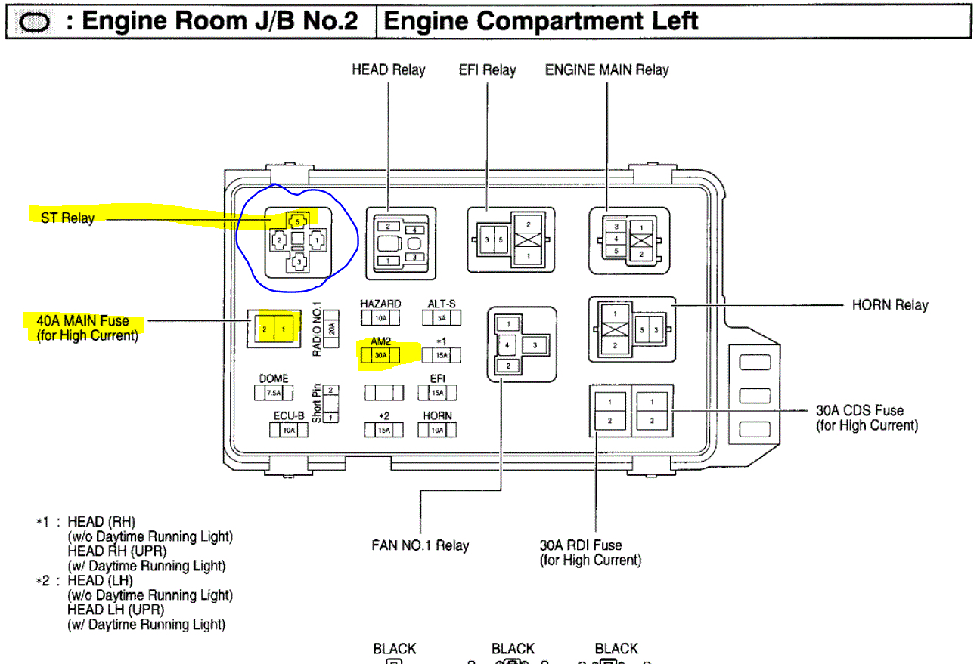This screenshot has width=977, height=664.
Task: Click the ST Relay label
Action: click(68, 218)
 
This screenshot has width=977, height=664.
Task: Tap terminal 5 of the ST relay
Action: click(298, 221)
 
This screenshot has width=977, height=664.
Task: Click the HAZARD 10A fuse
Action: click(380, 318)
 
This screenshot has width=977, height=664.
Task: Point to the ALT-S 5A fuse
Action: click(442, 318)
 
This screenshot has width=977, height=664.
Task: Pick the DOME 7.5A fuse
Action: click(273, 393)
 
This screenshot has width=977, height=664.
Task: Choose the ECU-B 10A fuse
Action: click(288, 430)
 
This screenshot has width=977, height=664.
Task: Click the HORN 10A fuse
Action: click(437, 430)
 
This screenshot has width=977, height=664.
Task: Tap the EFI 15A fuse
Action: click(437, 393)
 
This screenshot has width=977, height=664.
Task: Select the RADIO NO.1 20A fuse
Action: click(330, 329)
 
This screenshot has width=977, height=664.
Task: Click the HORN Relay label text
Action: click(890, 305)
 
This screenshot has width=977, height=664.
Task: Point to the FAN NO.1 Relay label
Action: click(420, 545)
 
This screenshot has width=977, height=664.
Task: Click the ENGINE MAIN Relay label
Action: click(607, 70)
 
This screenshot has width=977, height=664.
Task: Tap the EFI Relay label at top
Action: click(487, 70)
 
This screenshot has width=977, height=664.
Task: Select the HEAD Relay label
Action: click(389, 70)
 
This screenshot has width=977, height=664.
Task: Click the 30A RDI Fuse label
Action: click(581, 545)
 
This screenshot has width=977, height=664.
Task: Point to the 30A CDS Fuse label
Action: click(859, 411)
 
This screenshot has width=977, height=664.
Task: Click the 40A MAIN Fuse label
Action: click(83, 321)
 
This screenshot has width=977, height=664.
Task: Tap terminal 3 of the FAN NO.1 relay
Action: click(535, 344)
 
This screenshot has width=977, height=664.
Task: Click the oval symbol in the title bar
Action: click(33, 23)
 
